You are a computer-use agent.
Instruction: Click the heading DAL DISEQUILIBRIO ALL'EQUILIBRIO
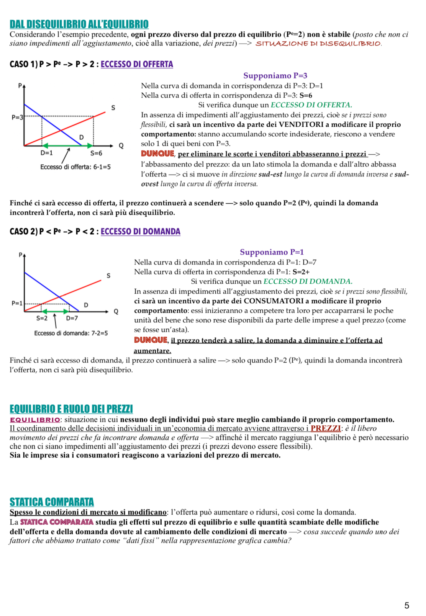point(79,24)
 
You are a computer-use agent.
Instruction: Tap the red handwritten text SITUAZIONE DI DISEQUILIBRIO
point(318,44)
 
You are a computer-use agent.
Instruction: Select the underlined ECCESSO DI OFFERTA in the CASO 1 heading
point(137,64)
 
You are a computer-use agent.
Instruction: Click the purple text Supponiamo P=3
point(275,75)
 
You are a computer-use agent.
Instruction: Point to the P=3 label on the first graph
point(17,117)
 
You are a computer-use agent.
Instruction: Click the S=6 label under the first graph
point(96,153)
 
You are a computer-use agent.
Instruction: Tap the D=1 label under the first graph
point(47,153)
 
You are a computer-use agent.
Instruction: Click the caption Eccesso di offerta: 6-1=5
point(75,167)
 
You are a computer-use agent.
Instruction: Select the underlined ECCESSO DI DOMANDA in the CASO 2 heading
point(140,231)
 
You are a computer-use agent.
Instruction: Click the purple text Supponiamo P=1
point(272,252)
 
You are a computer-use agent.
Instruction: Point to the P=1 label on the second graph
point(17,303)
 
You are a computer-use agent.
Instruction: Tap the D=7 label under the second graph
point(72,318)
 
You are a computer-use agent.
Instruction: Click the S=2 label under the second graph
point(42,318)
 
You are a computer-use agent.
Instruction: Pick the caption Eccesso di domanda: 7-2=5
point(71,333)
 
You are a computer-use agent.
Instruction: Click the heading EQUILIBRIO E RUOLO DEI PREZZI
point(71,409)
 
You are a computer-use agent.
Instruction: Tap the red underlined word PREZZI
point(325,428)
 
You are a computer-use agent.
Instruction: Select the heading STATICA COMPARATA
point(52,502)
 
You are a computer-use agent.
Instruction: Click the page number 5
point(406,605)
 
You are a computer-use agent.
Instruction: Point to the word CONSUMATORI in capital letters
point(274,301)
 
